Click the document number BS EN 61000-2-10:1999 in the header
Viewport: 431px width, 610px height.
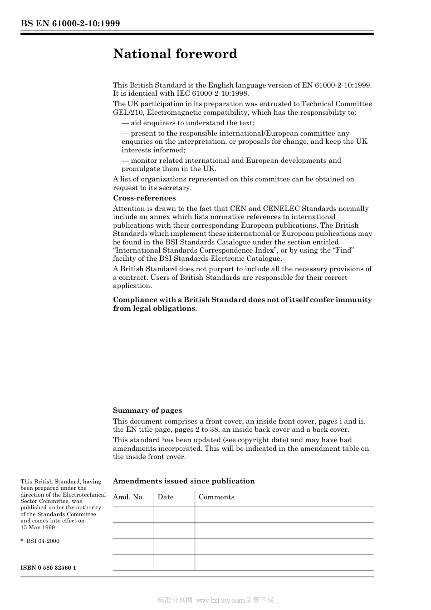70,24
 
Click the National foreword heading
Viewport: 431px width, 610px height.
175,54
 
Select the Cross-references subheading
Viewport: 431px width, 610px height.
144,198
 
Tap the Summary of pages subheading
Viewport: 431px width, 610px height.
147,410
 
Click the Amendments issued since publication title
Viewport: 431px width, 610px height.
184,481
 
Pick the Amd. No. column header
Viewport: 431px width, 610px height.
128,497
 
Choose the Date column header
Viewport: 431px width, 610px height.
166,497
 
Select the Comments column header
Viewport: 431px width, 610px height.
216,497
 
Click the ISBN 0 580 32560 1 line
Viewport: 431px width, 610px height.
48,568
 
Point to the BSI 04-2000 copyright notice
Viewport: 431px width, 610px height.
42,541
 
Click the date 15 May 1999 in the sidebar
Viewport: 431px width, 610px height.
38,527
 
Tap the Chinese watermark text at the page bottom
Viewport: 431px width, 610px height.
215,600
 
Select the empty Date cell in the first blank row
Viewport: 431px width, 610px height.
174,515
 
